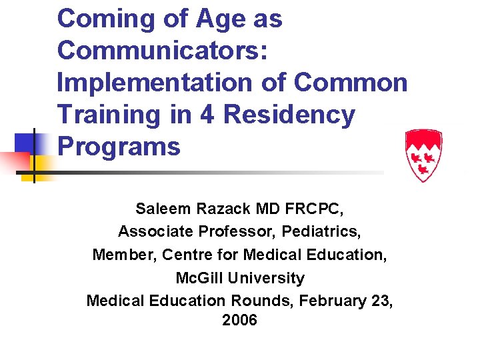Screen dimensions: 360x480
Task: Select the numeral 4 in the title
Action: pos(207,115)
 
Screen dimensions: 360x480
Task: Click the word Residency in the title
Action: pos(290,115)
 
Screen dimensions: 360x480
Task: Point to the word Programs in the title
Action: pos(119,146)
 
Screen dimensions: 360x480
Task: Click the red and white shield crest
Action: pos(424,156)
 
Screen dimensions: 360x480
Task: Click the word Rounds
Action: pos(265,301)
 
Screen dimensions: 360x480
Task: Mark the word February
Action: pos(333,301)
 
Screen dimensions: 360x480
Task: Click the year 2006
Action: pos(240,320)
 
